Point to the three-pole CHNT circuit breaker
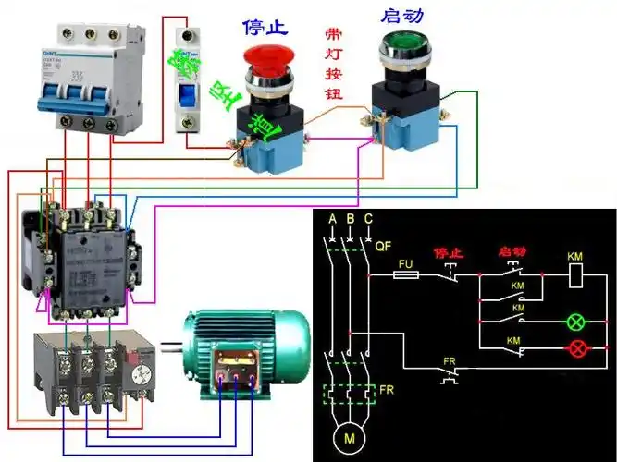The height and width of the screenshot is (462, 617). click(x=84, y=79)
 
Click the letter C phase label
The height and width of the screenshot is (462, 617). click(x=369, y=219)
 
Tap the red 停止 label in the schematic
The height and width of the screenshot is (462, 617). click(x=448, y=251)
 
